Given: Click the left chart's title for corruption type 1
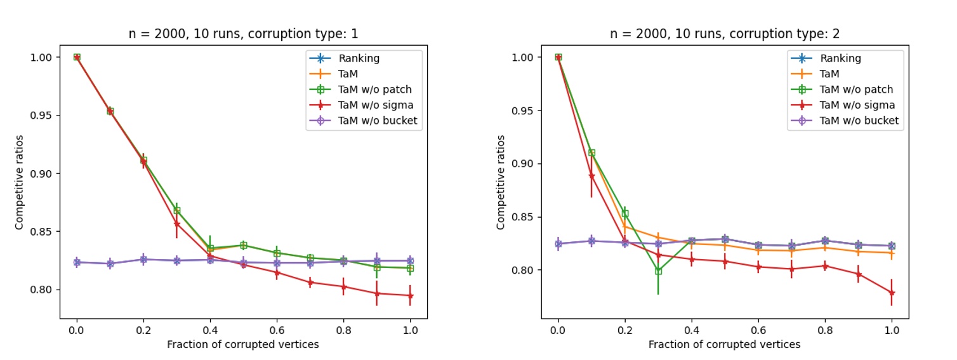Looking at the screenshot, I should point(243,34).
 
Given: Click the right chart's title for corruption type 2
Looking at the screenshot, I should point(725,34).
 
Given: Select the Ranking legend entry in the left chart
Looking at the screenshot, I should point(359,58).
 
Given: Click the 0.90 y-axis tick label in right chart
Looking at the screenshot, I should point(524,164).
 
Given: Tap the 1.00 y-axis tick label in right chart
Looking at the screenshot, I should point(524,57).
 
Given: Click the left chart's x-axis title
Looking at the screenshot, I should point(243,344).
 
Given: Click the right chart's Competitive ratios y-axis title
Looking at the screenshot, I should point(501,182).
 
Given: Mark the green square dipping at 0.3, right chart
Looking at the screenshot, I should point(658,271).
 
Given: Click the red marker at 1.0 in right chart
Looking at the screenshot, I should point(892,293).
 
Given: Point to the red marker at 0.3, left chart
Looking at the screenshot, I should point(176,224).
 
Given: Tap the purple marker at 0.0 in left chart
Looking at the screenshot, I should point(77,262).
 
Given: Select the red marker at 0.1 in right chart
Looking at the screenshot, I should point(591,177).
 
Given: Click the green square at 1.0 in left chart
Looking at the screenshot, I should point(410,269).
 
